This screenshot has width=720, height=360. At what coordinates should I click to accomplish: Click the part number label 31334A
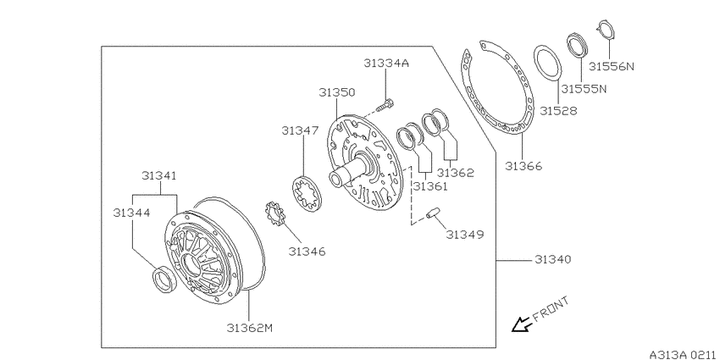point(385,64)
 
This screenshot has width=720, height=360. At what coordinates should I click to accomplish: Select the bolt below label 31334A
point(385,105)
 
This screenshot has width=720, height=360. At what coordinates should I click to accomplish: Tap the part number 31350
point(337,92)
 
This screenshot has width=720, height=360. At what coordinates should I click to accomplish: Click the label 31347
point(300,130)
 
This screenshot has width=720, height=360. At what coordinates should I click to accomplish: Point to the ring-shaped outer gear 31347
point(307,193)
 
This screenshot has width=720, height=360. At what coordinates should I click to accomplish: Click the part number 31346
point(307,252)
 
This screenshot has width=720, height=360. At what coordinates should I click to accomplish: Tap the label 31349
point(465,235)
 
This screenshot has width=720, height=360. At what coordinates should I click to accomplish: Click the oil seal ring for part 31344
point(163,279)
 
